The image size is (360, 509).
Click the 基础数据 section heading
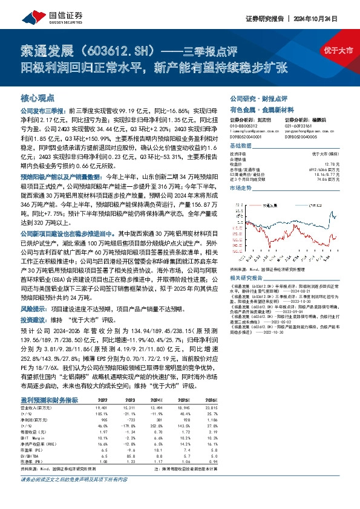coord(240,146)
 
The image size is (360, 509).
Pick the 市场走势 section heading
coord(240,189)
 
